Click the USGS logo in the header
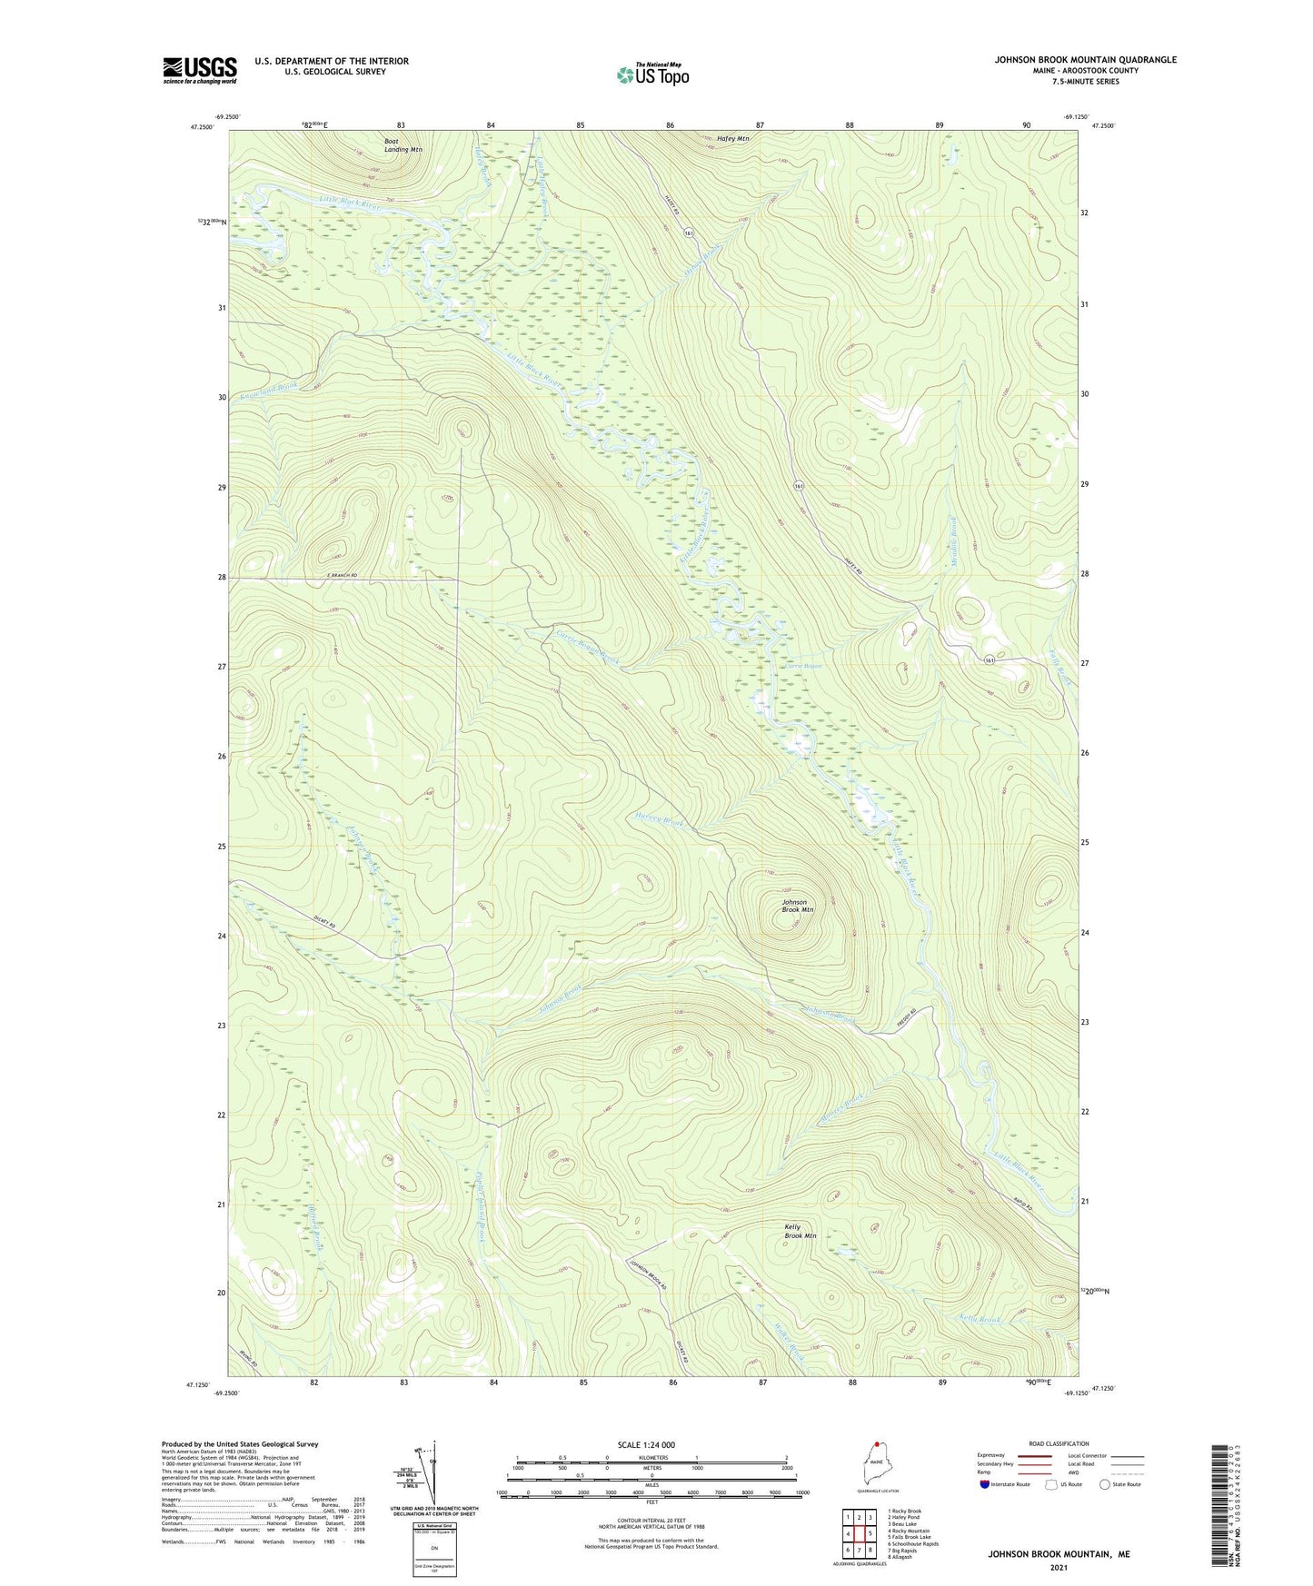(x=200, y=69)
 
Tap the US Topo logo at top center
(x=652, y=74)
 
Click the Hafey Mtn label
(x=732, y=139)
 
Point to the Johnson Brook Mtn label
(x=797, y=906)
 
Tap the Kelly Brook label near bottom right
(x=980, y=1318)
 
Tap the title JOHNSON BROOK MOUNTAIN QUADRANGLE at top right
(x=1084, y=60)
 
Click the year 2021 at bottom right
(x=1058, y=1568)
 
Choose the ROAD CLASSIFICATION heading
(x=1058, y=1443)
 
